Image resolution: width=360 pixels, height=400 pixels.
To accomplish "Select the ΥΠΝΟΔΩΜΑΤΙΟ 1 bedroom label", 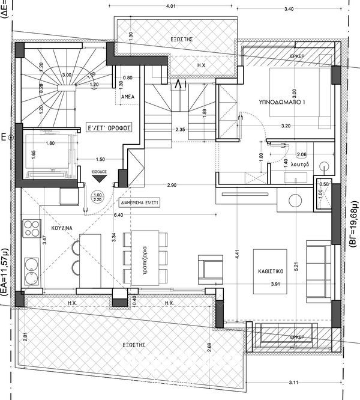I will coord(282,103).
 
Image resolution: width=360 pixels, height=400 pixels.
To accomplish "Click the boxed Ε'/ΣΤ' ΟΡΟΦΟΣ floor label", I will coord(110,128).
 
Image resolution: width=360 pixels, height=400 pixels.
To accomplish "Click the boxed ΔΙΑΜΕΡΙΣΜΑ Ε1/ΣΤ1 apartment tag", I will coord(139,203).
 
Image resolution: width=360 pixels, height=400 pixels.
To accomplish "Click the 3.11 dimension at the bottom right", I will coord(294,383).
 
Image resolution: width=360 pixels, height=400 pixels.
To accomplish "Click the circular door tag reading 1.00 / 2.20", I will coord(98,197).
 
